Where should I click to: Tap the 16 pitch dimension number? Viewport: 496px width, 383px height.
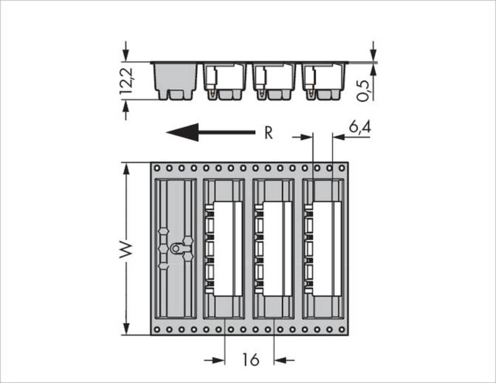click(x=251, y=360)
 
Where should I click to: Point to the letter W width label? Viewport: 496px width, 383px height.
click(x=127, y=250)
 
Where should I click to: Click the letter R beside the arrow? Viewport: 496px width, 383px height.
click(x=268, y=133)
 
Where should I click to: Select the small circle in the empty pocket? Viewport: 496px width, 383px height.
click(x=176, y=248)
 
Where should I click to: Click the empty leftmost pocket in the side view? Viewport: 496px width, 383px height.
click(x=176, y=79)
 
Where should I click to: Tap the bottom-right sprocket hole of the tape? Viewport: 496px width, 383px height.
click(x=342, y=329)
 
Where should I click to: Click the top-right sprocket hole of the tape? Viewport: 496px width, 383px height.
click(x=342, y=168)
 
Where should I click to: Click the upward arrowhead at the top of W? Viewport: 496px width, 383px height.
click(x=127, y=169)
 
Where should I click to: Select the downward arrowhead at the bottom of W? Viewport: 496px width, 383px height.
click(x=127, y=328)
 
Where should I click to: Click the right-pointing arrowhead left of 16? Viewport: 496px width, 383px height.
click(x=219, y=360)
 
